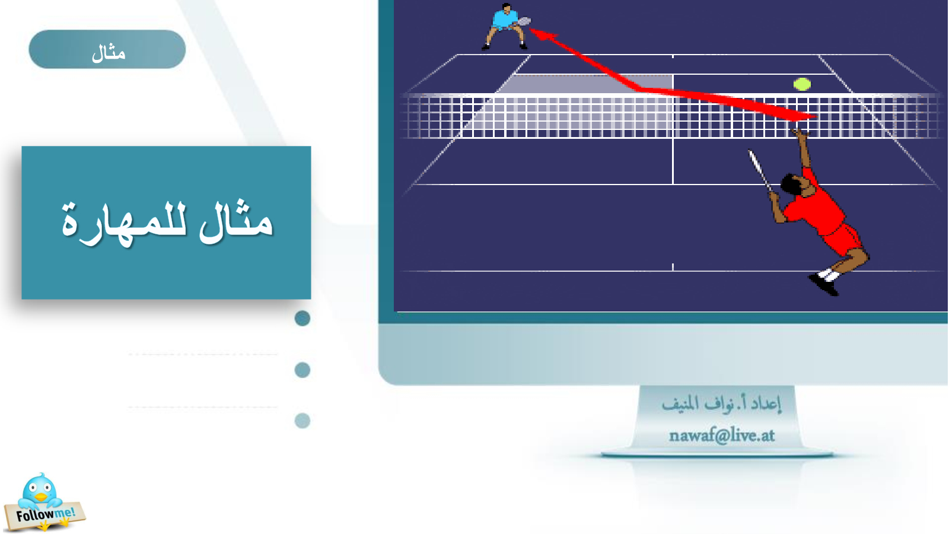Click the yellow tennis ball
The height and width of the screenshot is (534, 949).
801,84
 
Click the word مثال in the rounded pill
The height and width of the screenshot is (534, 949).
109,53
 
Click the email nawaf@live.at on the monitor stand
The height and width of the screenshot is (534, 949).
721,436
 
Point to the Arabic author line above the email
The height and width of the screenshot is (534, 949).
721,404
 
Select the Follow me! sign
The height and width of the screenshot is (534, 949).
44,516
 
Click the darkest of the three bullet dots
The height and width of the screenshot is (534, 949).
302,318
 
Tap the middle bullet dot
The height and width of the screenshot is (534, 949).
302,370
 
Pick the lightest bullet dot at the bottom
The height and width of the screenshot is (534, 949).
302,421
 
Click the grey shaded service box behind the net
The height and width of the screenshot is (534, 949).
585,84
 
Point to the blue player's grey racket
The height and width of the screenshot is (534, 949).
524,21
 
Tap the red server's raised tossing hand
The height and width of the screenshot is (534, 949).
800,133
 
